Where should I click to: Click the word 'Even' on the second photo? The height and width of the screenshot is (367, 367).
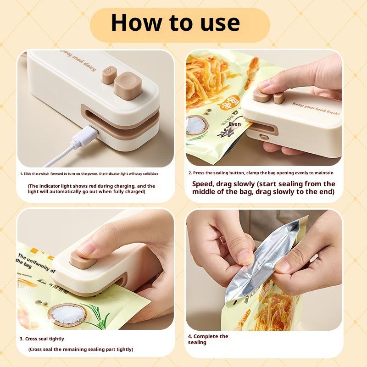click(235, 124)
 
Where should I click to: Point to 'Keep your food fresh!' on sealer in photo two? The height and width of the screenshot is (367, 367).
click(317, 108)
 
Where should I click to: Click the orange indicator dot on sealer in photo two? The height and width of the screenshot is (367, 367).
click(264, 136)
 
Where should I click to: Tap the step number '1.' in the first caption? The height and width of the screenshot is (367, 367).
click(21, 173)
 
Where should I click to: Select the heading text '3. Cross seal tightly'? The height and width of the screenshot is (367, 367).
click(41, 339)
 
